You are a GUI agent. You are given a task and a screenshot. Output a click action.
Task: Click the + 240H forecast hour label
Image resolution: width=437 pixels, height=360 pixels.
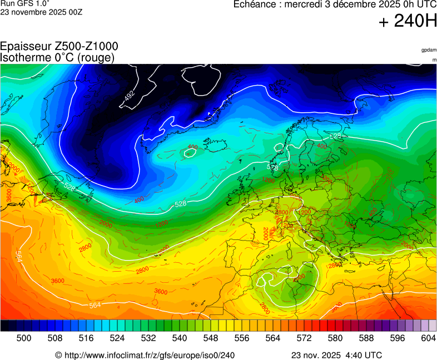tap(408, 22)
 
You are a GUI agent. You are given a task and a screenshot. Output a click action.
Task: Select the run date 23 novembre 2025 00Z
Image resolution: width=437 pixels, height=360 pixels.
tap(42, 12)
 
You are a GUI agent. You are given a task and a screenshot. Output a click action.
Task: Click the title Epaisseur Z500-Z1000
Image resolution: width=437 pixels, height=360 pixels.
tap(59, 47)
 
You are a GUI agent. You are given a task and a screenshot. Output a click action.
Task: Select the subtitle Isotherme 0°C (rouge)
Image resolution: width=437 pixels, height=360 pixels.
tap(58, 57)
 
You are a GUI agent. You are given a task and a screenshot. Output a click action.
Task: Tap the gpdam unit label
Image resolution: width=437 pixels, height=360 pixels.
tap(429, 50)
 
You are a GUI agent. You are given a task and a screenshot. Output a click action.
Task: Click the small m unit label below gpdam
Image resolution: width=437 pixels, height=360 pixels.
tap(434, 59)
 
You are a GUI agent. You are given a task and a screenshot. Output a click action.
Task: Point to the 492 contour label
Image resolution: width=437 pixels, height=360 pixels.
tap(130, 96)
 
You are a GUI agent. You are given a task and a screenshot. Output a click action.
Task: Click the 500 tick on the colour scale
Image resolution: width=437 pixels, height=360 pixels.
tap(23, 338)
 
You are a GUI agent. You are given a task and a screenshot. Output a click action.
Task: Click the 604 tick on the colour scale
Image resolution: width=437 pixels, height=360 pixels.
tap(428, 338)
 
